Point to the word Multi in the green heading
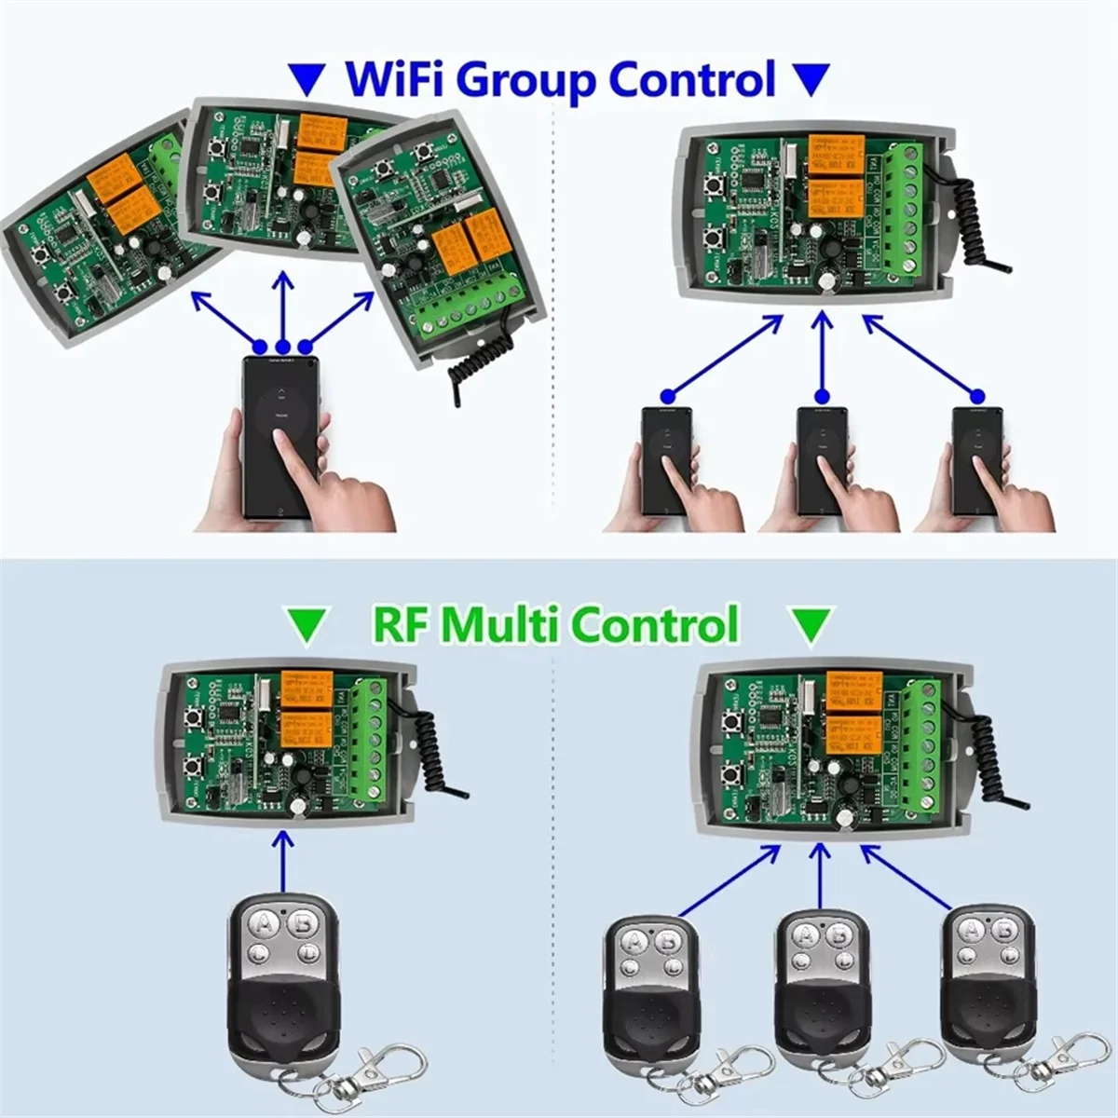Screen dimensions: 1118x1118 [504, 624]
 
